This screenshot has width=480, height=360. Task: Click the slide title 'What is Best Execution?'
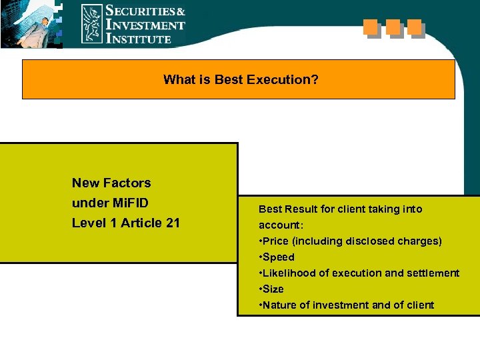pyautogui.click(x=241, y=80)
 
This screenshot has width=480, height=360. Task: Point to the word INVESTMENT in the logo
pyautogui.click(x=145, y=25)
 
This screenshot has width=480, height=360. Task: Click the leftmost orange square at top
pyautogui.click(x=371, y=27)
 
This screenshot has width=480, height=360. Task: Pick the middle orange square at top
pyautogui.click(x=393, y=27)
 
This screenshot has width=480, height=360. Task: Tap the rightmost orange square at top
pyautogui.click(x=415, y=27)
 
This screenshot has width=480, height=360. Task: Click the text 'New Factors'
pyautogui.click(x=111, y=183)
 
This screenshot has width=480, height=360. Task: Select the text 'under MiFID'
pyautogui.click(x=111, y=203)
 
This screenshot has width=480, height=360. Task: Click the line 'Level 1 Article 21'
pyautogui.click(x=126, y=223)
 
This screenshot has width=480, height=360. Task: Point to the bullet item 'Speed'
pyautogui.click(x=277, y=257)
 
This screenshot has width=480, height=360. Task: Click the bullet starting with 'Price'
pyautogui.click(x=350, y=241)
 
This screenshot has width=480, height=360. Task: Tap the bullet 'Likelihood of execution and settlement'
pyautogui.click(x=359, y=273)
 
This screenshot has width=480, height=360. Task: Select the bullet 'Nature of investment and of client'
pyautogui.click(x=346, y=305)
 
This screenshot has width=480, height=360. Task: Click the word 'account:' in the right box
pyautogui.click(x=281, y=225)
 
